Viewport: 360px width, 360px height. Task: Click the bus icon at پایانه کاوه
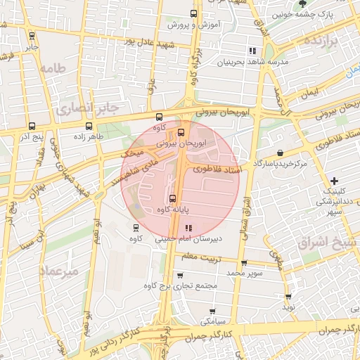173,198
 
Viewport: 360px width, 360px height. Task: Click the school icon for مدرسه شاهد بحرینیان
252,51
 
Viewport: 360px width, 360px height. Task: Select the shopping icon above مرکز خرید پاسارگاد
281,153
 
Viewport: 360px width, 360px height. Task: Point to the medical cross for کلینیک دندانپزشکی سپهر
334,181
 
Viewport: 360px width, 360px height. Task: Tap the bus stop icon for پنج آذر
32,127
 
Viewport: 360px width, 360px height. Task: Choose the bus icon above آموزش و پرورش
194,14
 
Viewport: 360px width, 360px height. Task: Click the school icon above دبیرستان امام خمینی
188,229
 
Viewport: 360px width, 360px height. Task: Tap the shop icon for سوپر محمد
242,262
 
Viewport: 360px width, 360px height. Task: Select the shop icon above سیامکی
212,311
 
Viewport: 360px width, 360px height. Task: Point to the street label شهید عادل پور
149,41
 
